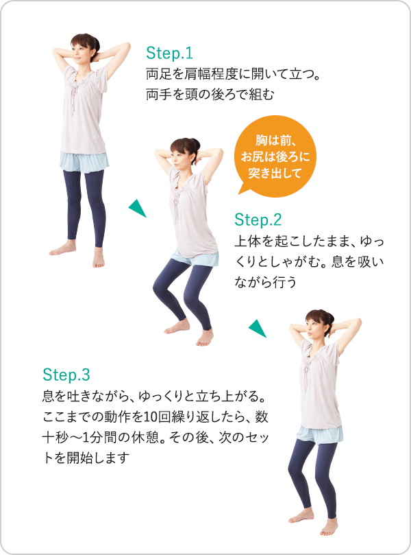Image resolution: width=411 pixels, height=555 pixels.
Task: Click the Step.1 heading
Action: (x=170, y=53)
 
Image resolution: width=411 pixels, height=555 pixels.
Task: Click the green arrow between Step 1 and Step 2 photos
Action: (x=138, y=207)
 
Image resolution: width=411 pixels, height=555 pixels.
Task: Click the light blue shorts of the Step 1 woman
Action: (x=82, y=161)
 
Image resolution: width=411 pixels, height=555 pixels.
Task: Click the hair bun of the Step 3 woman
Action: (x=328, y=314)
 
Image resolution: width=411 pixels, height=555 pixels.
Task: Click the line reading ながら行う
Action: (x=266, y=281)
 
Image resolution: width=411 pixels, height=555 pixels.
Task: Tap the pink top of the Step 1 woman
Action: (x=84, y=110)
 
